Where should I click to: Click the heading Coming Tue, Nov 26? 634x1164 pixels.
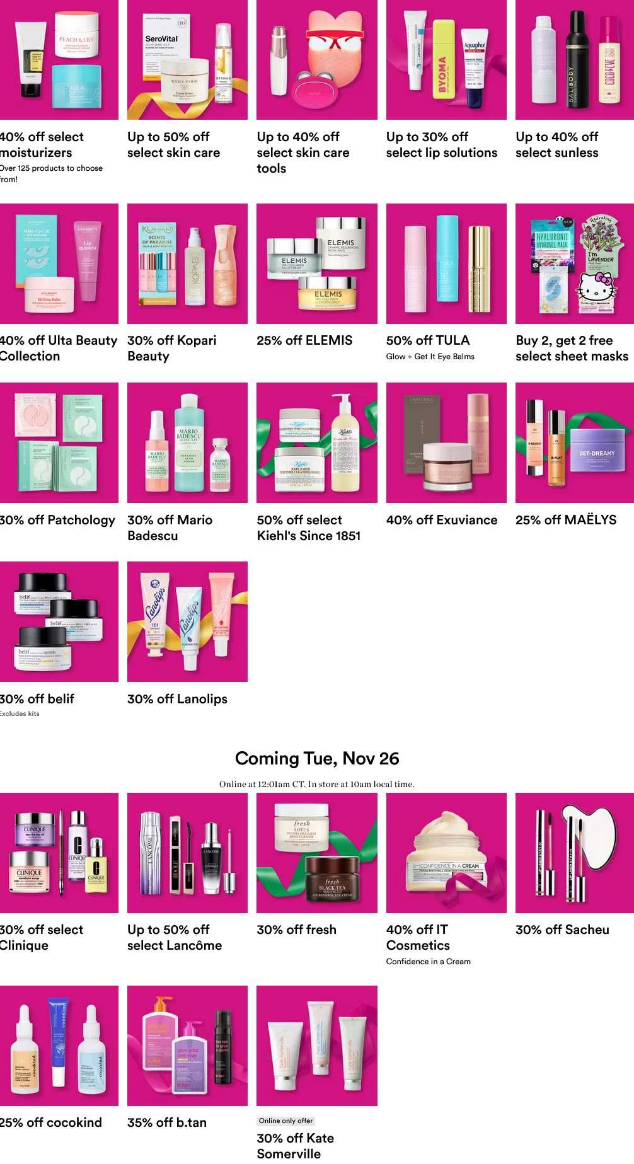(x=317, y=758)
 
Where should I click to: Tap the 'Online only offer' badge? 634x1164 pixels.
(x=285, y=1121)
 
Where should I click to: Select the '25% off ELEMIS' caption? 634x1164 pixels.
(x=304, y=340)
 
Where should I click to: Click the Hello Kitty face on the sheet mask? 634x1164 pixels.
(x=596, y=287)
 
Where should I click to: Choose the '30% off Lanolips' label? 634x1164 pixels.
(x=177, y=699)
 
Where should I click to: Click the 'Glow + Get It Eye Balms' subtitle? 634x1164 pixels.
(x=430, y=357)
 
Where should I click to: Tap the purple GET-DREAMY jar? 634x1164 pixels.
(x=597, y=457)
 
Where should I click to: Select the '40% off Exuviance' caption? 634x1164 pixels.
(x=441, y=520)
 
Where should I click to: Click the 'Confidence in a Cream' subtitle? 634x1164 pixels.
(x=428, y=962)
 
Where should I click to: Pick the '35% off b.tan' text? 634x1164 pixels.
(x=166, y=1122)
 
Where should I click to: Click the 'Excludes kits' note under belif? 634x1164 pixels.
(x=20, y=714)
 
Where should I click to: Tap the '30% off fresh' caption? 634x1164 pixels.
(x=296, y=930)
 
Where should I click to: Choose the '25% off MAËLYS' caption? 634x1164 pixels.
(x=565, y=520)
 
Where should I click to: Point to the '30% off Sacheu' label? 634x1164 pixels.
(x=562, y=930)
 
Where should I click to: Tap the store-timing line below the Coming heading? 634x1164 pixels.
(x=317, y=785)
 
